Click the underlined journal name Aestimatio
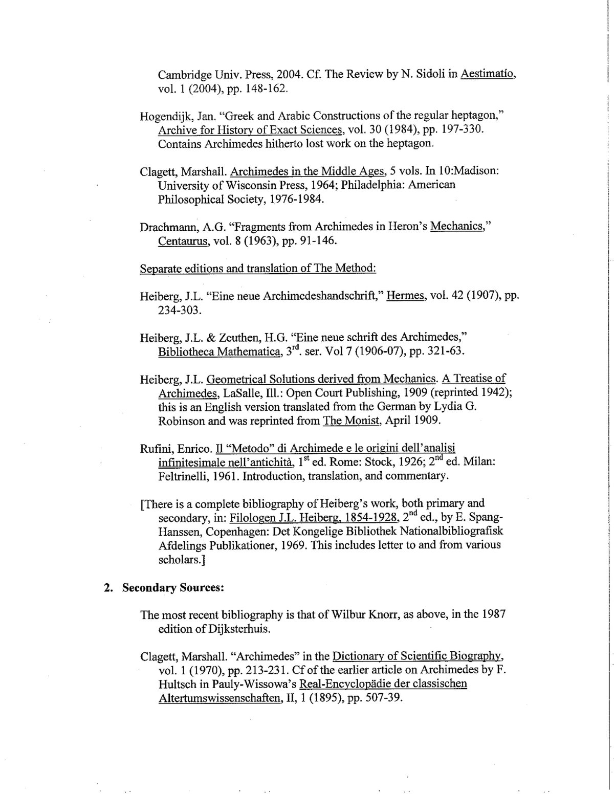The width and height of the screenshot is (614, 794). pos(488,74)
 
